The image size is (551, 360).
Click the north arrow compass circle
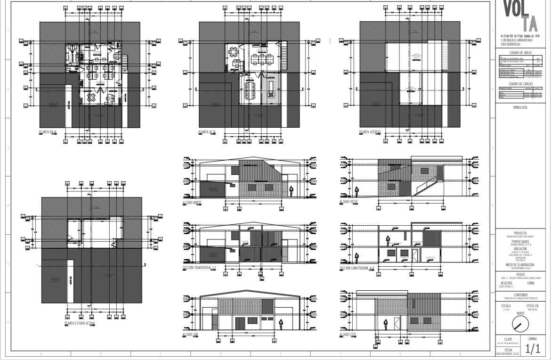pos(520,324)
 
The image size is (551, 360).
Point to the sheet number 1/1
pos(533,349)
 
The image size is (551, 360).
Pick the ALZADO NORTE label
pos(194,202)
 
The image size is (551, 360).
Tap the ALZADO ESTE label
pos(348,335)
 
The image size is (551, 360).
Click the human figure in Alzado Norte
pos(291,191)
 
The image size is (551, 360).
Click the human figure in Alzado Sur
pos(281,324)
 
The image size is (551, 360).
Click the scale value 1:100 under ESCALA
pos(506,310)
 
